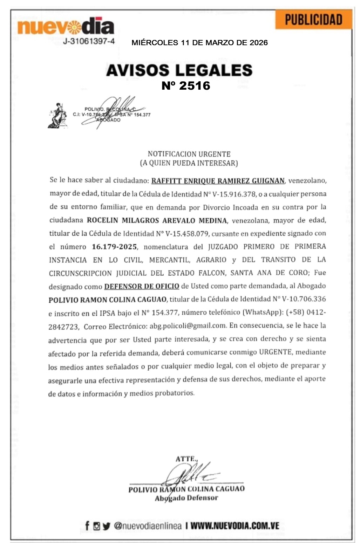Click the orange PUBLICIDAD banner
(313, 20)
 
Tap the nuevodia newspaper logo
(66, 27)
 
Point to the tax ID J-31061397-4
(89, 41)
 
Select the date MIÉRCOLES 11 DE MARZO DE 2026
(199, 43)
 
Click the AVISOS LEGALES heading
(179, 70)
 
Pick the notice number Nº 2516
(186, 86)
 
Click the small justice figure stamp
(58, 116)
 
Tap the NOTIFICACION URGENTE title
(189, 154)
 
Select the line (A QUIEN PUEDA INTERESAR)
(189, 163)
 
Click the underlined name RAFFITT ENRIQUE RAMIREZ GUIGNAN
(218, 181)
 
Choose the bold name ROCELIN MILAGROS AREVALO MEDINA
(157, 220)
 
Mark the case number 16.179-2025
(114, 247)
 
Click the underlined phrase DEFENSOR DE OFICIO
(142, 286)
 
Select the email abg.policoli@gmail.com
(188, 326)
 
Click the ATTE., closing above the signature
(186, 459)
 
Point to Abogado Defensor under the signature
(186, 498)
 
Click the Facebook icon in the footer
(87, 525)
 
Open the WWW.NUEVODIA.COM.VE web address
(235, 525)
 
